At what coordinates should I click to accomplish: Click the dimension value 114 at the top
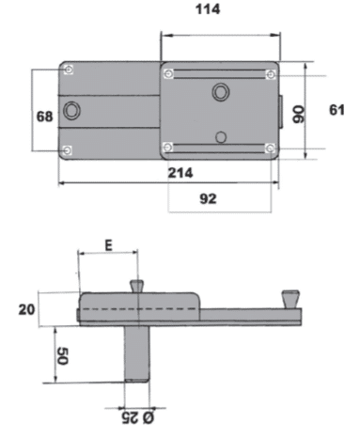208,9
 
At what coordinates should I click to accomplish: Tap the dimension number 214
180,173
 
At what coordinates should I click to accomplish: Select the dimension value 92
208,198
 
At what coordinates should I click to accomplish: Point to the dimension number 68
44,117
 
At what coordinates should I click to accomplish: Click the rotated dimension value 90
298,115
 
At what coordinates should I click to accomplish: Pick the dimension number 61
337,110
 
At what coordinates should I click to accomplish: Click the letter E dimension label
108,245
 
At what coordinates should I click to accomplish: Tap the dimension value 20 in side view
26,309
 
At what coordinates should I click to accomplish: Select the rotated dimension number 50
61,356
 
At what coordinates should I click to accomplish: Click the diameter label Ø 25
138,418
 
